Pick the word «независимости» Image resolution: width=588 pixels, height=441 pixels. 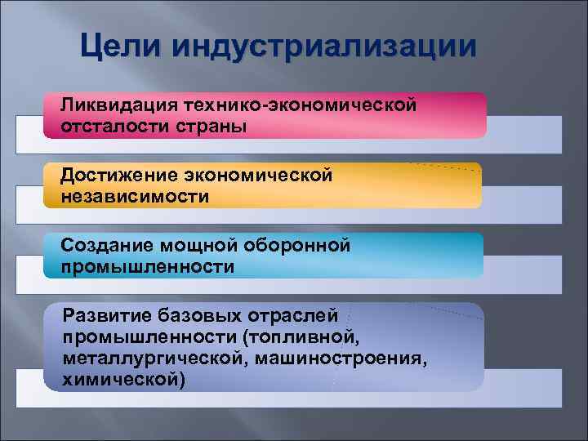(134, 196)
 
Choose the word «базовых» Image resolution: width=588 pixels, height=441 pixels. (191, 315)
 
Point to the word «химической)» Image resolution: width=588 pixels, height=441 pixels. (123, 379)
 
